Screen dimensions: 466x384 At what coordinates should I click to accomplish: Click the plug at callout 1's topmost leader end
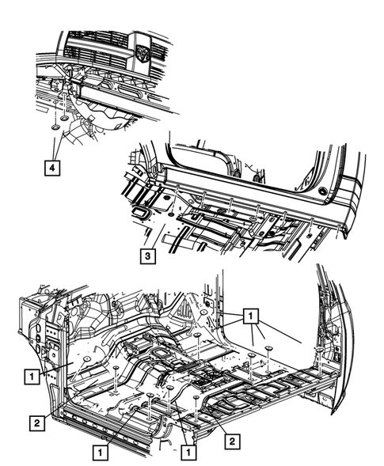[x=203, y=314]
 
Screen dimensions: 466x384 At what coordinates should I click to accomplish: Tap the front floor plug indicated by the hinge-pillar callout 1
[x=78, y=360]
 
